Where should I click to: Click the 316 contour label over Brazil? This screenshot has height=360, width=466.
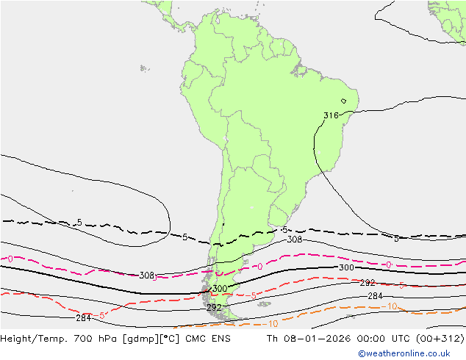click(331, 115)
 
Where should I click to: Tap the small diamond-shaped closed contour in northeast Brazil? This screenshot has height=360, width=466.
click(343, 101)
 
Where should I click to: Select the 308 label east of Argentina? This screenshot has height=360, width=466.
click(294, 240)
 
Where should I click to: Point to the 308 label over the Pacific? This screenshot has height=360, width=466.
click(146, 276)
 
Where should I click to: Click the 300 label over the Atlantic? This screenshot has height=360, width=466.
click(346, 268)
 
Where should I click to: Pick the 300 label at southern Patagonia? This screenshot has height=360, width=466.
click(219, 289)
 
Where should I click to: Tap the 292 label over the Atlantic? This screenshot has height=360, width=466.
click(368, 283)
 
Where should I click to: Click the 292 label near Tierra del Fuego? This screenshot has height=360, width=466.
click(214, 307)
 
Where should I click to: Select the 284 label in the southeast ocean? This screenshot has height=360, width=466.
click(375, 295)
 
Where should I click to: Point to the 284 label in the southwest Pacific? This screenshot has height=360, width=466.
click(83, 318)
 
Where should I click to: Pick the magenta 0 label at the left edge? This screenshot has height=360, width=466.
click(9, 259)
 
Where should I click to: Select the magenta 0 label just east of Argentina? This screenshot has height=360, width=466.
click(259, 266)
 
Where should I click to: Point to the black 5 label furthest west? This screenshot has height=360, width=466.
click(79, 223)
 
